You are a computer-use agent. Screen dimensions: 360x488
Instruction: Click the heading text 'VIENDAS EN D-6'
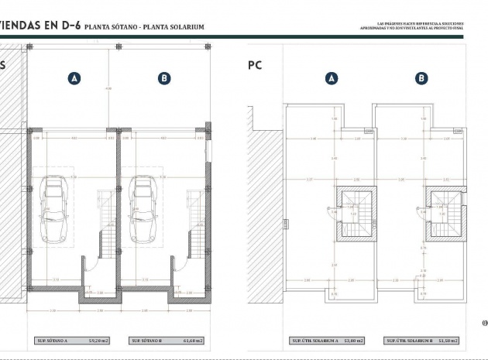click(40, 26)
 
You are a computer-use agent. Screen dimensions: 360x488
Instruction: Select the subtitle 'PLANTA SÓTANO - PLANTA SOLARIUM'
click(144, 27)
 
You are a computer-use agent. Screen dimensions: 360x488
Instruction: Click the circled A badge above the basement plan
click(74, 78)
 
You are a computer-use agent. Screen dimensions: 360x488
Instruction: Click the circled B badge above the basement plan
click(163, 78)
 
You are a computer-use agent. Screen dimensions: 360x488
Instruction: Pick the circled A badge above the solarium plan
click(332, 78)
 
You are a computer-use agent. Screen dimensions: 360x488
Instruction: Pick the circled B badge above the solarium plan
click(421, 78)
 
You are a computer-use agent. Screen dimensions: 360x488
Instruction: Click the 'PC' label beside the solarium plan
click(255, 66)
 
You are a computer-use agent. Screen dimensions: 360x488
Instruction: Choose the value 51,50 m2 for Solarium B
click(445, 340)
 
